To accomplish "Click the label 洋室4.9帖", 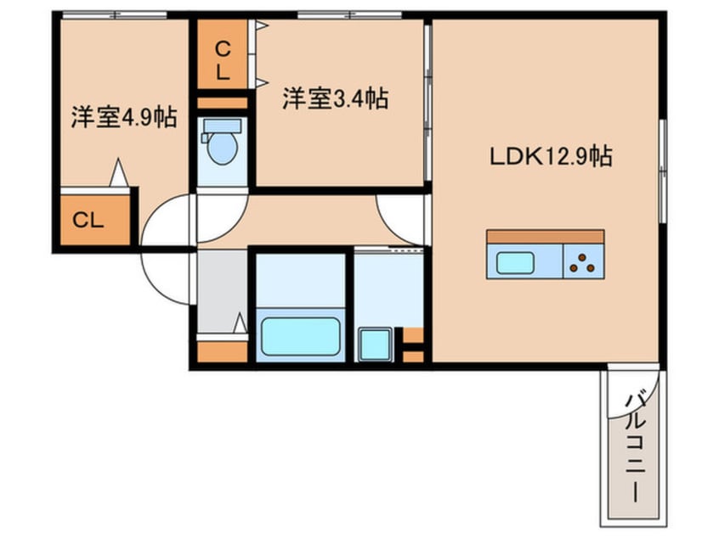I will pos(124,117).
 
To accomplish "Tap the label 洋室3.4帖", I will pos(335,99).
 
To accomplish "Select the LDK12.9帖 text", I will pos(551,156).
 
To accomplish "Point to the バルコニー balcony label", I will pos(632,445).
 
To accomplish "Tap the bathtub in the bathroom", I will pos(300,336).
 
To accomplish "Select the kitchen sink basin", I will pos(515,263).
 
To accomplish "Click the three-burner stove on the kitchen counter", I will pos(582,264).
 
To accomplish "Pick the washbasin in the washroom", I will pos(371,344).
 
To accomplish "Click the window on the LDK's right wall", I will pos(662,170).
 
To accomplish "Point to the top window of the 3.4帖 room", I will pos(338,15).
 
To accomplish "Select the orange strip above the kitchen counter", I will pos(545,237).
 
